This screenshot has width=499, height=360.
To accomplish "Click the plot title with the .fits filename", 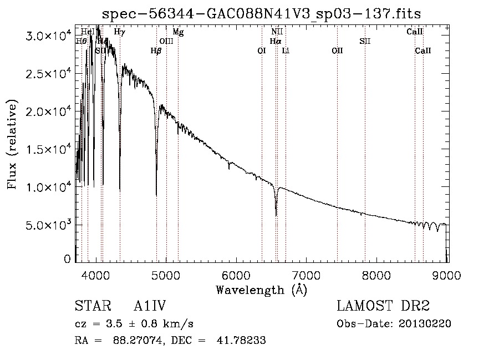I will click(x=266, y=14).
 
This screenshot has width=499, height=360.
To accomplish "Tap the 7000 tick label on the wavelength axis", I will click(x=307, y=276).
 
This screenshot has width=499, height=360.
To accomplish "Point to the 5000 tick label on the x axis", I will click(x=166, y=276).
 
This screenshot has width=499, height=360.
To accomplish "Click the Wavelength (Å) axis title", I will click(x=261, y=290).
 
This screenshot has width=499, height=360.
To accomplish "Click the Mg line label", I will click(x=178, y=32).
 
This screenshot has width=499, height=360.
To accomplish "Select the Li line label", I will click(x=286, y=50).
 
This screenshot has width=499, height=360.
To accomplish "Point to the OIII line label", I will click(x=166, y=41).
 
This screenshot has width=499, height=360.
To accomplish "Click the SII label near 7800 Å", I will click(x=364, y=41).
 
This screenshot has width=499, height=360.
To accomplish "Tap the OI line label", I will click(x=262, y=50).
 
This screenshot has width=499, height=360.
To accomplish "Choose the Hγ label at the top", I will click(x=119, y=32).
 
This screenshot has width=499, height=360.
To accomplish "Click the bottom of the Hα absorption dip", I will click(x=276, y=215).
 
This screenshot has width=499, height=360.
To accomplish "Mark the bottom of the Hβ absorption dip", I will click(x=156, y=195).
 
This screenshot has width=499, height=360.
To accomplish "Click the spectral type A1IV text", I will click(x=150, y=306).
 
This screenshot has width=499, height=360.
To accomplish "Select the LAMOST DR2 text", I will click(x=383, y=306).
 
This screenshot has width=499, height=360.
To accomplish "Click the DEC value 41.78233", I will click(x=243, y=341).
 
